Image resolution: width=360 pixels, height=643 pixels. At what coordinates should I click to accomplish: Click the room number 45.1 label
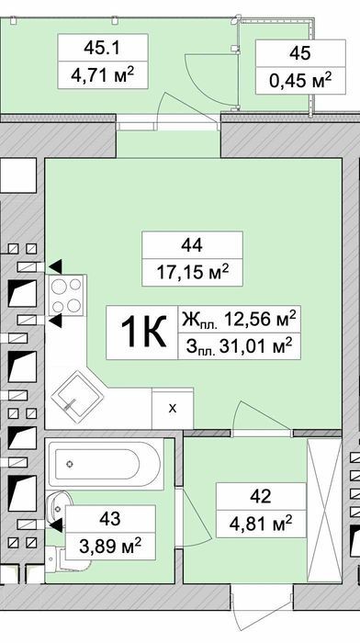tap(102, 48)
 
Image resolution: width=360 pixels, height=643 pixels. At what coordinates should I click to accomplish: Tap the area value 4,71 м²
tap(103, 75)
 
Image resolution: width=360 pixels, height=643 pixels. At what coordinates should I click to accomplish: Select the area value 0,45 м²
tap(300, 81)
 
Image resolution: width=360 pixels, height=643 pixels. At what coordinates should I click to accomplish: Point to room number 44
tap(192, 245)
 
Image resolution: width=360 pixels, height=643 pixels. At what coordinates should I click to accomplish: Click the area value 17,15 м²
tap(192, 272)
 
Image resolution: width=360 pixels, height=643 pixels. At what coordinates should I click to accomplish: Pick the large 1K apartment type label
tap(143, 333)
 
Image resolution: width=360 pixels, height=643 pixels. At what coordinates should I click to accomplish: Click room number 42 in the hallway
tap(261, 496)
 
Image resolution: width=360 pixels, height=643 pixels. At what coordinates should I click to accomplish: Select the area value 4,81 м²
tap(261, 524)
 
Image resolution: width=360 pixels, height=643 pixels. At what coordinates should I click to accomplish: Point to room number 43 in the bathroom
tap(110, 518)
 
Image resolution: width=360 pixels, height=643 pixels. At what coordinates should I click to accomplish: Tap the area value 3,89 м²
tap(110, 546)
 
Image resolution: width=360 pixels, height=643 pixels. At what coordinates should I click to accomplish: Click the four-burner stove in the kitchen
tap(67, 295)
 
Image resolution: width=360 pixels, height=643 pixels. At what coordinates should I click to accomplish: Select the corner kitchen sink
tap(77, 397)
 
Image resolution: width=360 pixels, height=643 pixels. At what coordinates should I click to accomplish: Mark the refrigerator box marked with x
tap(173, 409)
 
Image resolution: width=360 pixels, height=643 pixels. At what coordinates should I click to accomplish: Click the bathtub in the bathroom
tap(104, 464)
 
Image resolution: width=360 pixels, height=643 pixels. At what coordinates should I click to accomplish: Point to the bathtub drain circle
tap(70, 464)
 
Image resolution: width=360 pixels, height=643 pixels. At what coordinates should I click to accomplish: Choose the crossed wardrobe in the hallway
tap(324, 510)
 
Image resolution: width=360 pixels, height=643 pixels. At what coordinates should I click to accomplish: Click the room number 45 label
tap(299, 53)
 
